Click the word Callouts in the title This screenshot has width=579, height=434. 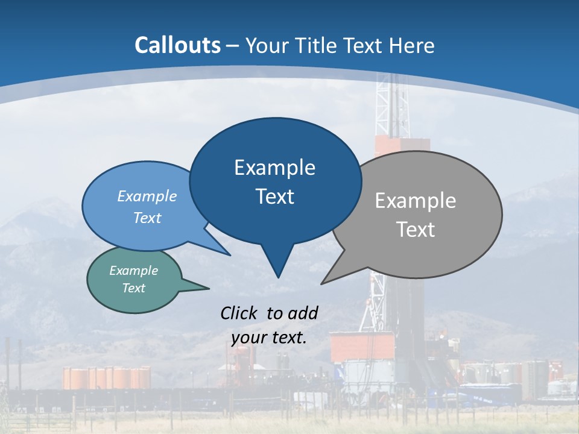tap(178, 45)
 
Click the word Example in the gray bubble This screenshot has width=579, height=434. tap(416, 201)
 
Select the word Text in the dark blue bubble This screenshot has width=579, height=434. tap(275, 197)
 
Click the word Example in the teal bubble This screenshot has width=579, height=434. tap(134, 271)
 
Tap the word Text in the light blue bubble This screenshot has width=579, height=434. tap(147, 218)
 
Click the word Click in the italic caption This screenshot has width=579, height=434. tap(239, 313)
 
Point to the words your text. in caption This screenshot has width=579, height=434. tap(269, 338)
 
